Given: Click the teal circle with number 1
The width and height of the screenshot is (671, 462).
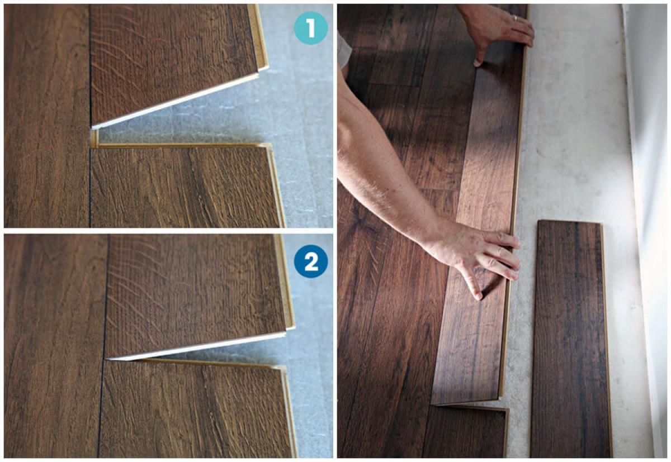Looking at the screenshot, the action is click(x=311, y=28).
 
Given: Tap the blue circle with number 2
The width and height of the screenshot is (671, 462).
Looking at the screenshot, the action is click(x=311, y=261).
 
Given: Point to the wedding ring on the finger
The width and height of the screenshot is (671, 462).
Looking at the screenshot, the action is click(x=515, y=18).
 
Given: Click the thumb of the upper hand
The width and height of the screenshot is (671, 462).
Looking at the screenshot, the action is click(x=480, y=56).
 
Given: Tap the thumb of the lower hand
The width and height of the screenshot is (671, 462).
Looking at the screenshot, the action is click(x=470, y=284).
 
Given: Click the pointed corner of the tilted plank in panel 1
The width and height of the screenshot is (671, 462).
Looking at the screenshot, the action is click(x=92, y=127).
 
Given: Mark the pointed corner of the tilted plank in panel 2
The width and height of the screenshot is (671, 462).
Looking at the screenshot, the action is click(x=106, y=359).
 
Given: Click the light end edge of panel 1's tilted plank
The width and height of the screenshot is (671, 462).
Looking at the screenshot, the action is click(x=175, y=101).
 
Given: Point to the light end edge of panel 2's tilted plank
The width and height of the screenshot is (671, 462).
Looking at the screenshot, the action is click(x=196, y=346).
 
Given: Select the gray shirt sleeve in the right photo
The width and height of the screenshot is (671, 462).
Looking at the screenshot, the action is click(x=344, y=51).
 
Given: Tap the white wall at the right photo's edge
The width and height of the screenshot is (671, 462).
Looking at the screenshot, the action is click(x=647, y=230).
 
